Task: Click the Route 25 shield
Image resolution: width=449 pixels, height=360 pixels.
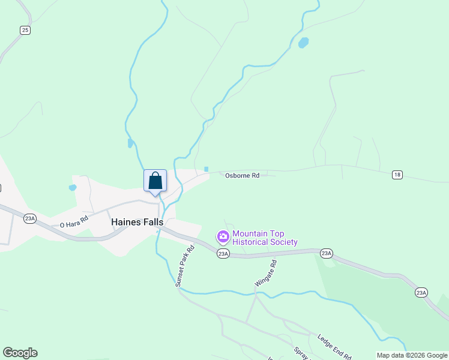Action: tap(25, 30)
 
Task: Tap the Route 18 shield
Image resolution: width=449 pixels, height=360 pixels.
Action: tap(397, 175)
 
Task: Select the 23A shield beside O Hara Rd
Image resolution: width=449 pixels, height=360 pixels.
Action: tap(30, 218)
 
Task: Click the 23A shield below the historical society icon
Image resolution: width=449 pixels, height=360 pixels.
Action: tap(223, 254)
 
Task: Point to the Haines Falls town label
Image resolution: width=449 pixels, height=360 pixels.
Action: tap(137, 221)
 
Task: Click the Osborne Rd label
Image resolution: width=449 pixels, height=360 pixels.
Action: tap(242, 176)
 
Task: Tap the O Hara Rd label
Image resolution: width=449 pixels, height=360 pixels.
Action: tap(74, 221)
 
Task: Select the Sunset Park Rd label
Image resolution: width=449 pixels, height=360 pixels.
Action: tap(185, 266)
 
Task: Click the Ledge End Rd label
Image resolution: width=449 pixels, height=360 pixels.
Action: tap(333, 347)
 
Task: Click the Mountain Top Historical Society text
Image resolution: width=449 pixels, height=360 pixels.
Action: tap(265, 238)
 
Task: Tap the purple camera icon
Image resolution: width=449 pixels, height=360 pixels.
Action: tap(223, 237)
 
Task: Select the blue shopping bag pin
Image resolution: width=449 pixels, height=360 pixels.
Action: tap(155, 181)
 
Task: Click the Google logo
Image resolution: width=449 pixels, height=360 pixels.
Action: tap(20, 353)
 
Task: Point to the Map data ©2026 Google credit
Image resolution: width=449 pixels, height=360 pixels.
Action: tap(412, 355)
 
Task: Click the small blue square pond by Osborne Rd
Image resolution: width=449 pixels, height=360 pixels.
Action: tap(206, 169)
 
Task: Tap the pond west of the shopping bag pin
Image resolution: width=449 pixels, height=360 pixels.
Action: tap(73, 188)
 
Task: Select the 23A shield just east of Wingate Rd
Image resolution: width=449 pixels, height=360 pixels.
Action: tap(325, 253)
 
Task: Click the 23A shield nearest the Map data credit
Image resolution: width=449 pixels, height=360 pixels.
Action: tap(421, 292)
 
